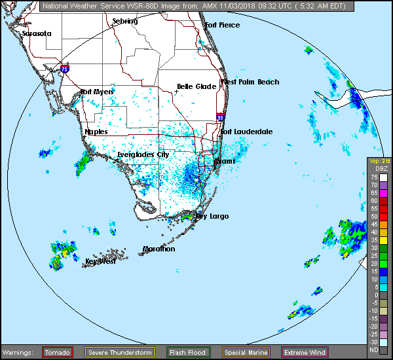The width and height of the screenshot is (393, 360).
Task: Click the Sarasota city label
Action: (x=36, y=33)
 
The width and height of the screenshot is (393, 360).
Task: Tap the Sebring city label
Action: (x=125, y=21)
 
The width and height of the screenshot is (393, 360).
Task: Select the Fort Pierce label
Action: (x=223, y=25)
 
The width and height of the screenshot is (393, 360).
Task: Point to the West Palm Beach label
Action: (x=250, y=82)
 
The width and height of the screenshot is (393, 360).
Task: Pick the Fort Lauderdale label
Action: (x=246, y=132)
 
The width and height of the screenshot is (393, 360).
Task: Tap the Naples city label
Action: (x=96, y=132)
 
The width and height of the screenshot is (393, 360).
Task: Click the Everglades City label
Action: (x=143, y=154)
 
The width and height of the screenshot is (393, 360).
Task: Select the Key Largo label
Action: (x=212, y=216)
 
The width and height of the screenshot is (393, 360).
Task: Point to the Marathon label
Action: (x=159, y=249)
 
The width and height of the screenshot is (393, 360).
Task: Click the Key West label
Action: (x=100, y=261)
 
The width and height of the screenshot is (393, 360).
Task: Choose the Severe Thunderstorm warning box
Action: (x=120, y=353)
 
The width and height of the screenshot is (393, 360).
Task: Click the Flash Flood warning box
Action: (x=188, y=353)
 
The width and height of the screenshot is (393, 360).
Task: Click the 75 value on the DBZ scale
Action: (x=374, y=177)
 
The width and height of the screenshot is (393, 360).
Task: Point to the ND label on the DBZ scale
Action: (x=374, y=350)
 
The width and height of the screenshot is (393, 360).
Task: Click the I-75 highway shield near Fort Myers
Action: (x=64, y=67)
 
